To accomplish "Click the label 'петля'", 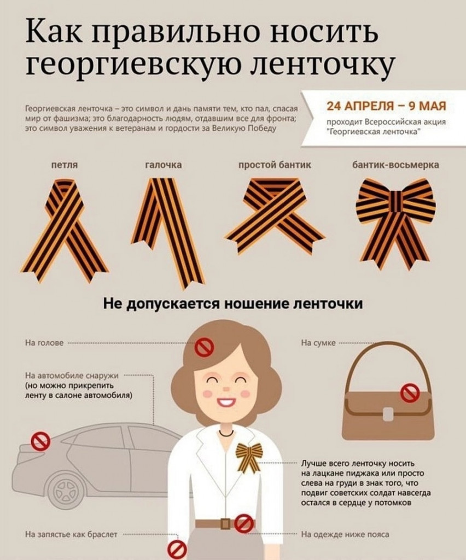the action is click(x=65, y=165).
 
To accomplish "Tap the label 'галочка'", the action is click(x=163, y=165).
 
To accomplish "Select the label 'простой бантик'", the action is click(x=275, y=165).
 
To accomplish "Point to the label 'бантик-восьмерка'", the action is click(x=395, y=165).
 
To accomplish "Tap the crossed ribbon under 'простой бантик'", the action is click(x=275, y=214).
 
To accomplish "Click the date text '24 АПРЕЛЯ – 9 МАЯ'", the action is click(x=387, y=106).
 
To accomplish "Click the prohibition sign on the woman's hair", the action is click(x=204, y=347).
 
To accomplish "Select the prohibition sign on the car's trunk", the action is click(x=40, y=441).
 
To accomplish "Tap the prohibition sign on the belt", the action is click(x=244, y=524).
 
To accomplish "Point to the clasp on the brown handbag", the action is click(x=388, y=414).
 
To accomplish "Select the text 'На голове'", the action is click(x=44, y=343).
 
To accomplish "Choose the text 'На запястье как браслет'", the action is click(x=71, y=535).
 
